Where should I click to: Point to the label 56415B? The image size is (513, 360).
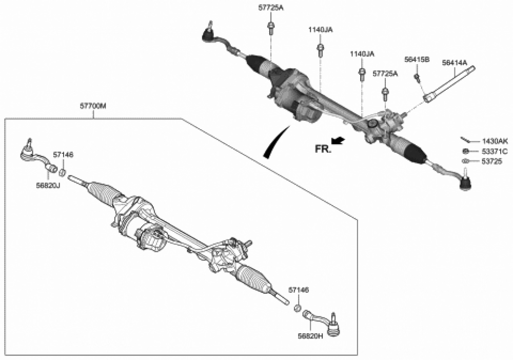tap(416, 59)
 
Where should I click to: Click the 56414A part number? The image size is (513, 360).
tap(455, 63)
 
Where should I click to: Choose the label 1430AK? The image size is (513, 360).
tap(495, 141)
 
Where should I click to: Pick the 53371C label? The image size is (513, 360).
tap(495, 151)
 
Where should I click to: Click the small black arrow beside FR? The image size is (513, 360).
tap(338, 140)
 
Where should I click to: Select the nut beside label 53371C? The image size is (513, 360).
tap(465, 151)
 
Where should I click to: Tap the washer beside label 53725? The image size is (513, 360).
tap(465, 162)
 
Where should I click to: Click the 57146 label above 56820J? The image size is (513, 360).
tap(64, 154)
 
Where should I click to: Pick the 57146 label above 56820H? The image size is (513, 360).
tap(299, 290)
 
